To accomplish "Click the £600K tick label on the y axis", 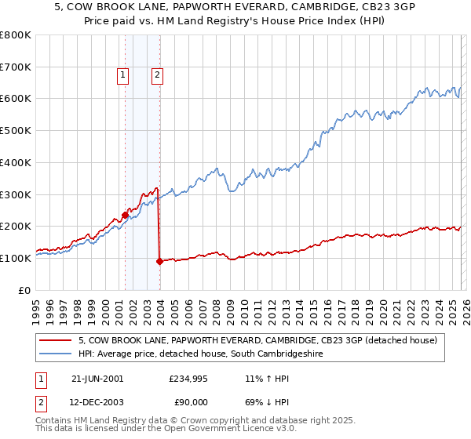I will [x=16, y=99].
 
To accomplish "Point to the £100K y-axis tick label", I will [x=16, y=258].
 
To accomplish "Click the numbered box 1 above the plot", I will [x=124, y=75].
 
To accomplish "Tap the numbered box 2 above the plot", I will [x=158, y=75].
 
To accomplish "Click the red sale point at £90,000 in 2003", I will [x=159, y=261].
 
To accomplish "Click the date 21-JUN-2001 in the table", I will [x=97, y=378].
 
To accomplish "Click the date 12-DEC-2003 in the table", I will [x=97, y=402].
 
